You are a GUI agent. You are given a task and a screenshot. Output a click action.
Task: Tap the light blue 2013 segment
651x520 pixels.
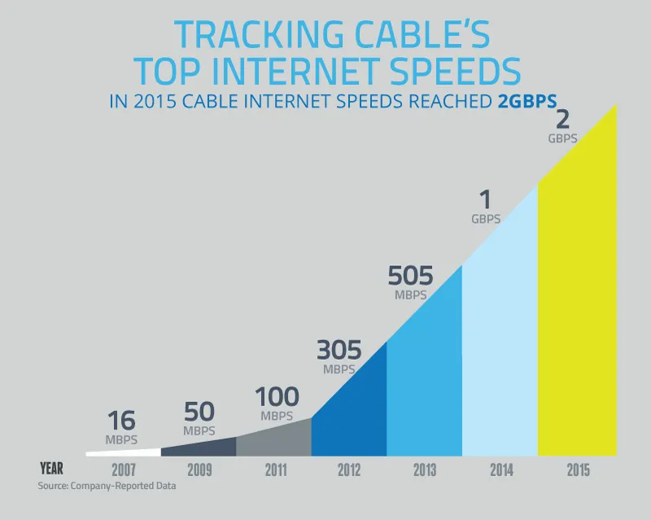tap(424, 382)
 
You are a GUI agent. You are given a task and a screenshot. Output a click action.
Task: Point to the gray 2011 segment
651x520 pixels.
tap(274, 439)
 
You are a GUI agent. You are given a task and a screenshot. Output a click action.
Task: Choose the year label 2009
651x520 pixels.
tap(199, 470)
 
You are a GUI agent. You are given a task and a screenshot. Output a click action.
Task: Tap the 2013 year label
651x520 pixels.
tap(424, 470)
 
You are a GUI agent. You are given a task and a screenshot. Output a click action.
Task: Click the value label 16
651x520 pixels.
tap(121, 422)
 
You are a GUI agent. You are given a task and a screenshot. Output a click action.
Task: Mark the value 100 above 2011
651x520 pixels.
tap(277, 397)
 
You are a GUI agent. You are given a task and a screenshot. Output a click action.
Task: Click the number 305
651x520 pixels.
tap(339, 350)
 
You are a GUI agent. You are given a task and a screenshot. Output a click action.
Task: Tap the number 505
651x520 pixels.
tap(410, 277)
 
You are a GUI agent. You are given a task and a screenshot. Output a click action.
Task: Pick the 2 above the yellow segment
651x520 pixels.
tap(562, 120)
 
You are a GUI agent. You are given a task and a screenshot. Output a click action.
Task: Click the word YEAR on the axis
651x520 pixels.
tap(53, 469)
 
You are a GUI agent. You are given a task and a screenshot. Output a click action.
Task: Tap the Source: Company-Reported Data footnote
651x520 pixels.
tap(107, 487)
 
